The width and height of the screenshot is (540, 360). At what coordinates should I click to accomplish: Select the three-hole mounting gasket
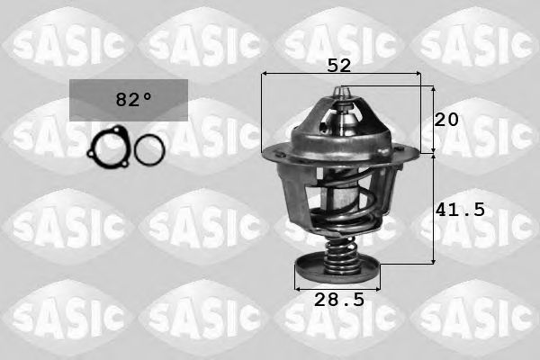click(x=108, y=148)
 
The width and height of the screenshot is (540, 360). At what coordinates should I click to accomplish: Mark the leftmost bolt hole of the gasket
click(x=93, y=153)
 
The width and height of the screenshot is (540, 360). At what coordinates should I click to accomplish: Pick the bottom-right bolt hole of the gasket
click(x=121, y=161)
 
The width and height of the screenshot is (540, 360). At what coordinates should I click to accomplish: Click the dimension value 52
click(x=339, y=65)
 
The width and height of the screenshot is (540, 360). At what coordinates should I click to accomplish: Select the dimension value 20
click(x=447, y=120)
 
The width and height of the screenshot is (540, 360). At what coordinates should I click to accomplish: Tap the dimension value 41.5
click(x=460, y=210)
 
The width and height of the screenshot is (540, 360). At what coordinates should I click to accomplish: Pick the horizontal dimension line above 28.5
click(x=338, y=290)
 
